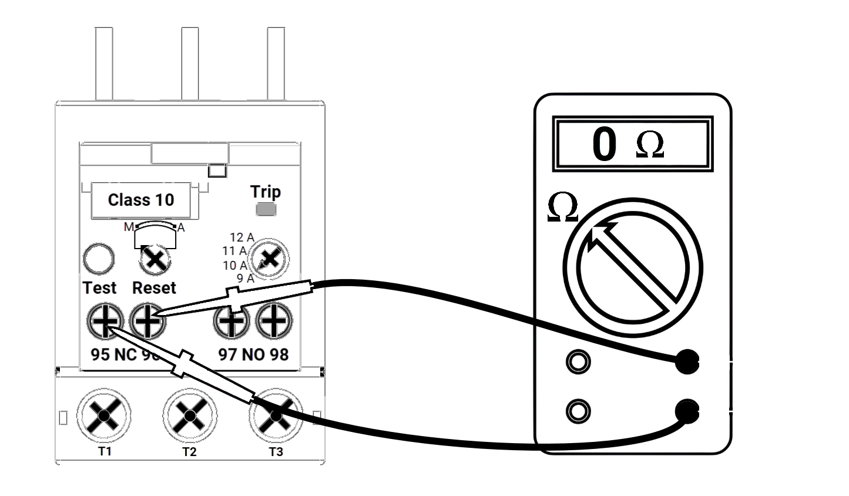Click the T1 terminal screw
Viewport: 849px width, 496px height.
point(104,415)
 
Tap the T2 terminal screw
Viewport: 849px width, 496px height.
point(189,415)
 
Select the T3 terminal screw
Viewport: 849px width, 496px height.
point(276,415)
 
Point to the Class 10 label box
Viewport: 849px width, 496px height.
point(141,200)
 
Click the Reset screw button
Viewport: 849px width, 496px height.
point(155,259)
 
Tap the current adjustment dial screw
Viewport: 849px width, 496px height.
point(270,259)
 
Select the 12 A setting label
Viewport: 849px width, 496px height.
point(241,238)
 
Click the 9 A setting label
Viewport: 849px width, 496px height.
point(245,279)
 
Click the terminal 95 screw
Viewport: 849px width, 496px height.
point(105,321)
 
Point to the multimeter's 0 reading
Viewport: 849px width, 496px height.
point(604,145)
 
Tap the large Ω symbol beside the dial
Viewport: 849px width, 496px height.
point(562,209)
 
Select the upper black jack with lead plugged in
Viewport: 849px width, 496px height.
point(686,361)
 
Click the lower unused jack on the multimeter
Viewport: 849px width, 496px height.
point(578,411)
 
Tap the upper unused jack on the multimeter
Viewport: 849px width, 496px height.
point(578,361)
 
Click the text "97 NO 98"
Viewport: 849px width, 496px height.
point(253,354)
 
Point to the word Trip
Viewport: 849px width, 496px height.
point(266,192)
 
